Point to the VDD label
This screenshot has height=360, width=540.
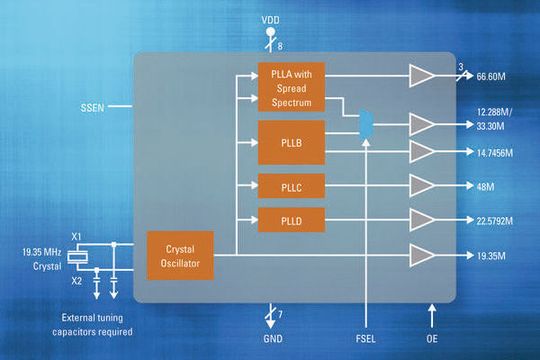click(270, 20)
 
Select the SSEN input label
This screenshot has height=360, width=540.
click(93, 105)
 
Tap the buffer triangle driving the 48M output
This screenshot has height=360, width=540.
click(421, 187)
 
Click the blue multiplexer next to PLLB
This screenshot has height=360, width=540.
click(367, 124)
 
